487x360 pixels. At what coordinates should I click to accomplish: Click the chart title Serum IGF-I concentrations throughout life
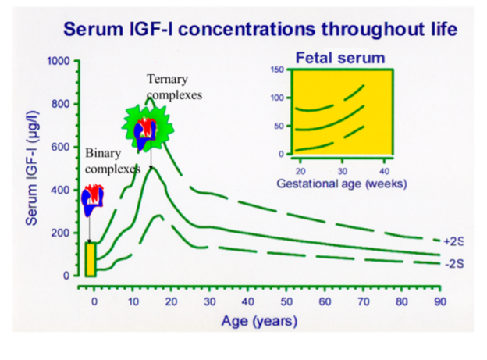pyautogui.click(x=260, y=29)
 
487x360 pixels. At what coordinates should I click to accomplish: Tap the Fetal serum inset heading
pyautogui.click(x=340, y=58)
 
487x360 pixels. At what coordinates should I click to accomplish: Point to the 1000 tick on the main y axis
pyautogui.click(x=59, y=61)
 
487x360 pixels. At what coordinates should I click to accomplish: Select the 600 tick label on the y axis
pyautogui.click(x=60, y=147)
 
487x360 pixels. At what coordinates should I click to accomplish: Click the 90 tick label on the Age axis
pyautogui.click(x=440, y=301)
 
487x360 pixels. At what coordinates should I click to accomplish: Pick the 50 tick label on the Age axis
pyautogui.click(x=286, y=301)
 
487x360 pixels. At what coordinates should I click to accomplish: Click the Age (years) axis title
pyautogui.click(x=259, y=321)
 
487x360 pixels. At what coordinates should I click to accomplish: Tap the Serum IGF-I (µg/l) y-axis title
pyautogui.click(x=32, y=168)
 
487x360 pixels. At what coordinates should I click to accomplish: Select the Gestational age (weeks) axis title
pyautogui.click(x=342, y=184)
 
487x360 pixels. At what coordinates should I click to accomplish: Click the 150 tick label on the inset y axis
pyautogui.click(x=277, y=70)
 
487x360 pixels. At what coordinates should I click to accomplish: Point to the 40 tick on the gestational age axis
pyautogui.click(x=385, y=171)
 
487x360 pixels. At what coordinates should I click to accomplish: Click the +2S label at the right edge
pyautogui.click(x=453, y=241)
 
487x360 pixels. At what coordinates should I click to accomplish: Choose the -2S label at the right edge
pyautogui.click(x=454, y=264)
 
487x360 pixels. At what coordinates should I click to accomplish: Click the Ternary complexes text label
pyautogui.click(x=174, y=87)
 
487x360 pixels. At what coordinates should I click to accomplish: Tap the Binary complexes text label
pyautogui.click(x=112, y=161)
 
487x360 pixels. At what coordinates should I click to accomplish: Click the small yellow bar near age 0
pyautogui.click(x=91, y=259)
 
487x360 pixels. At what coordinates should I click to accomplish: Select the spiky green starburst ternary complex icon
pyautogui.click(x=148, y=128)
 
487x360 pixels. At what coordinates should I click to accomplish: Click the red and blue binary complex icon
pyautogui.click(x=92, y=200)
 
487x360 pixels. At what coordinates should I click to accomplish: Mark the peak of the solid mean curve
pyautogui.click(x=151, y=168)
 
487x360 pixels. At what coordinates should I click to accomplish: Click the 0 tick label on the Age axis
pyautogui.click(x=94, y=301)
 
